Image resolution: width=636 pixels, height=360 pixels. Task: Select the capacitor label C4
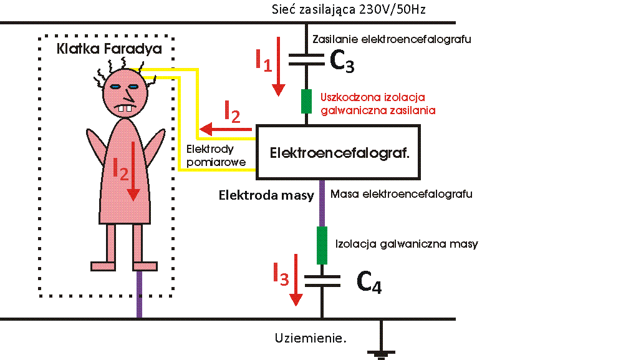pyautogui.click(x=369, y=284)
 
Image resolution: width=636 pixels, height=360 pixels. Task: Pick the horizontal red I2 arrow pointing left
pyautogui.click(x=225, y=129)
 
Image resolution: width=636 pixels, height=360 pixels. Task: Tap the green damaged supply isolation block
pyautogui.click(x=306, y=101)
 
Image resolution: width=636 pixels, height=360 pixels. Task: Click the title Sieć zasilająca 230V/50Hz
pyautogui.click(x=349, y=9)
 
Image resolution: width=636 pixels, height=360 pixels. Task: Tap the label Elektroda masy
pyautogui.click(x=266, y=195)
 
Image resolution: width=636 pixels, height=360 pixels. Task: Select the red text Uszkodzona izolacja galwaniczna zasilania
pyautogui.click(x=378, y=104)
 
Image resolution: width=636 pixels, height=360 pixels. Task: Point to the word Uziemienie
pyautogui.click(x=310, y=338)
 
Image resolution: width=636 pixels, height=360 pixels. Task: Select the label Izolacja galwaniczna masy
pyautogui.click(x=407, y=243)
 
